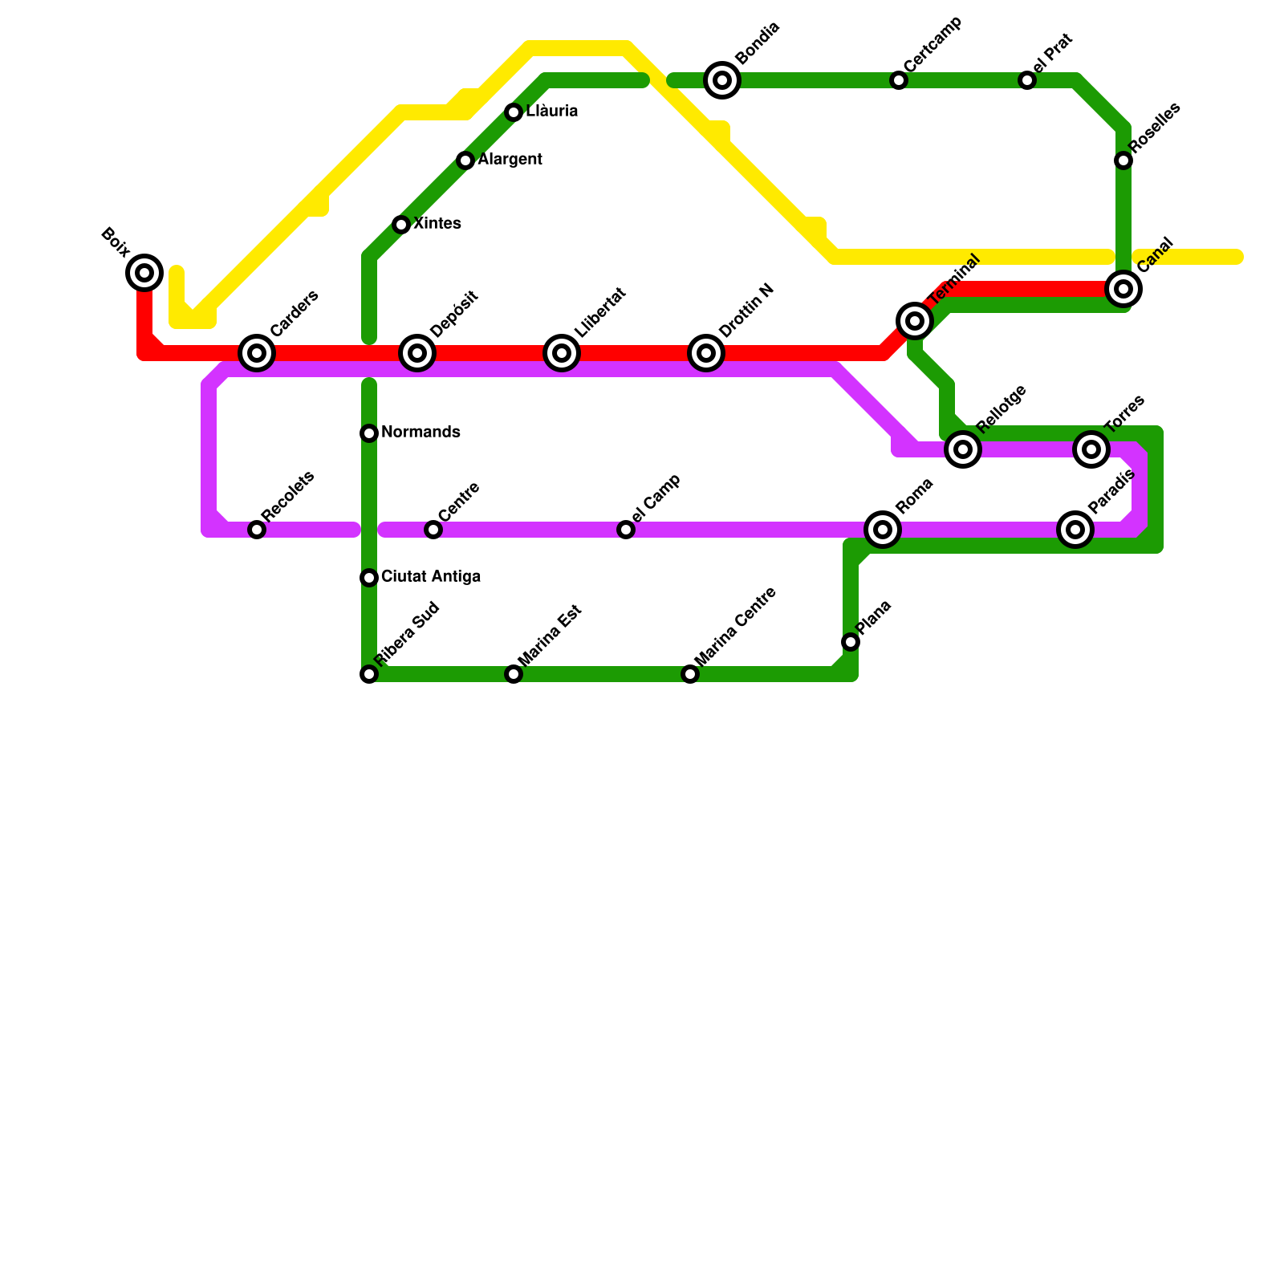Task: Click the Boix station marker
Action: pyautogui.click(x=144, y=273)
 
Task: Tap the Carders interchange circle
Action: pyautogui.click(x=257, y=353)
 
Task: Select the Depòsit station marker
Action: pyautogui.click(x=417, y=353)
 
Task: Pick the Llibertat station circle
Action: pyautogui.click(x=562, y=353)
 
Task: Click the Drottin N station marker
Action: pyautogui.click(x=706, y=353)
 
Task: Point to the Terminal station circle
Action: pyautogui.click(x=915, y=321)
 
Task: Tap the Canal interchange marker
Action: pyautogui.click(x=1123, y=289)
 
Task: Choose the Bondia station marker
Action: pyautogui.click(x=722, y=80)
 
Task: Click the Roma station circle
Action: pyautogui.click(x=883, y=530)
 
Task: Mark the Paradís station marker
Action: pyautogui.click(x=1075, y=530)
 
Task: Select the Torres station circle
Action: pyautogui.click(x=1091, y=449)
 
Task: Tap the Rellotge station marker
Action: pyautogui.click(x=963, y=449)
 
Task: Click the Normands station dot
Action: pyautogui.click(x=369, y=433)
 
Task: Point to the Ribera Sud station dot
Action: pyautogui.click(x=369, y=674)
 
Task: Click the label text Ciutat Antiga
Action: pyautogui.click(x=431, y=577)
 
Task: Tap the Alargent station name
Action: pyautogui.click(x=510, y=160)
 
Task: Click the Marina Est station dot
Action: pyautogui.click(x=514, y=674)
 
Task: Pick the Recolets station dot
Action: pyautogui.click(x=257, y=530)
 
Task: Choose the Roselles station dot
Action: pyautogui.click(x=1123, y=160)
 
